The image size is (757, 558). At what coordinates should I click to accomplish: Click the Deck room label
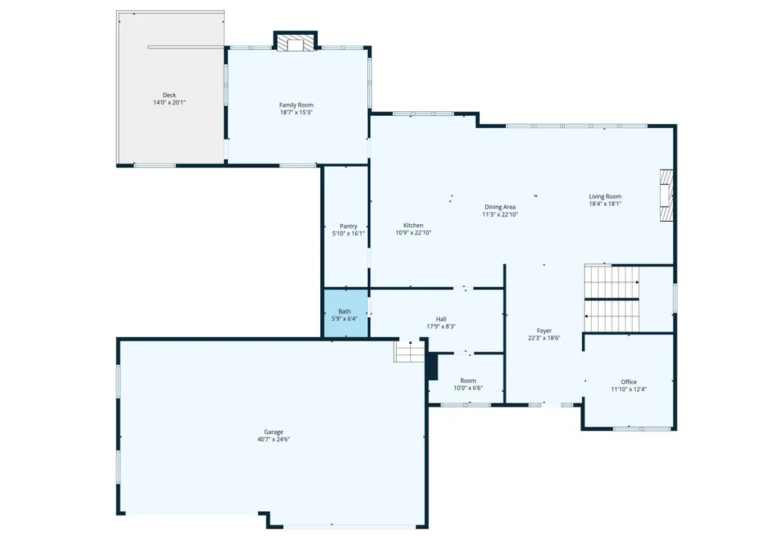click(169, 95)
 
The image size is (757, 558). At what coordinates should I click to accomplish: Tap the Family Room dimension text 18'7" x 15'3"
click(296, 113)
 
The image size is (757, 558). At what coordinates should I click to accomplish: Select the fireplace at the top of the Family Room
click(295, 42)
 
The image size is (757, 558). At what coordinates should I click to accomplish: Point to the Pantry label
click(348, 226)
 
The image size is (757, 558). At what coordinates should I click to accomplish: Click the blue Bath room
click(346, 313)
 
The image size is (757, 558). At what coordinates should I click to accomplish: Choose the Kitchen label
click(413, 225)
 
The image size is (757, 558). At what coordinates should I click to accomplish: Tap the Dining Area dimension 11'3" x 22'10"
click(500, 214)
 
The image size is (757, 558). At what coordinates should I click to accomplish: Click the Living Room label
click(605, 196)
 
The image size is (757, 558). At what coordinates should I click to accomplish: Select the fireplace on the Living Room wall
click(667, 195)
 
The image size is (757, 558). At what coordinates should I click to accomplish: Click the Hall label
click(441, 319)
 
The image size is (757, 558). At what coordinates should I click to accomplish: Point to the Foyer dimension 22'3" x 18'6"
click(544, 338)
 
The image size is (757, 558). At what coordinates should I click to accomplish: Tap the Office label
click(628, 382)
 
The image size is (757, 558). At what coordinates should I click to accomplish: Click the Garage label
click(273, 432)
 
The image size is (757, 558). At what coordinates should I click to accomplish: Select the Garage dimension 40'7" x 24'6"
click(273, 439)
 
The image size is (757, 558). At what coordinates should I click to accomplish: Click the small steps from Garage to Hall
click(410, 351)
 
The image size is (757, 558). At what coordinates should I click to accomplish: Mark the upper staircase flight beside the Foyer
click(612, 282)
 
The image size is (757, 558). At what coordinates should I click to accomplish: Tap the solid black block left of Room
click(432, 366)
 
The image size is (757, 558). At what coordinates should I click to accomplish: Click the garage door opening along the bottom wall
click(349, 527)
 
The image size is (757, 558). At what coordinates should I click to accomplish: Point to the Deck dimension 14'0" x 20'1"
click(169, 102)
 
